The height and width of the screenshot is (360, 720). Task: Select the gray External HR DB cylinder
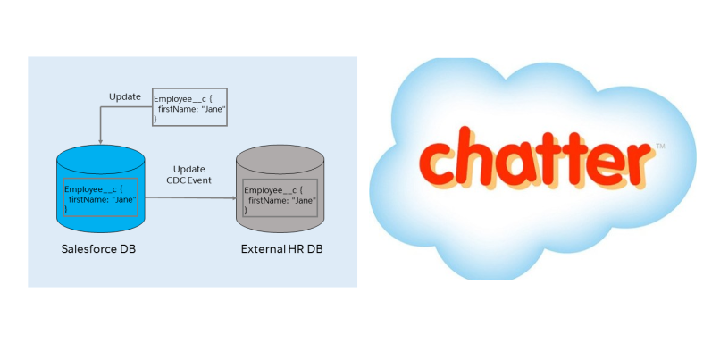(280, 219)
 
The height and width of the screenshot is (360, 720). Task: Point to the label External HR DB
(281, 247)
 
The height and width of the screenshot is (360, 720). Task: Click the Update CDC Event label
(188, 174)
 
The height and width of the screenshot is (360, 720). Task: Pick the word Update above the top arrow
(125, 96)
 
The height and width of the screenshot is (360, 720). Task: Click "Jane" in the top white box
(212, 108)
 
